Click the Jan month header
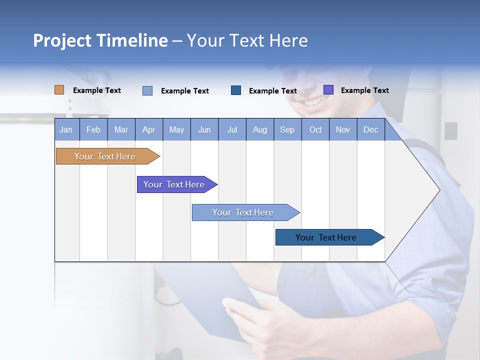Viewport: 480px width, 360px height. (66, 129)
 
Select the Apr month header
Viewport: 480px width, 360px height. (148, 129)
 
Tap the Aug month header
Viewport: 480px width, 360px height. (259, 129)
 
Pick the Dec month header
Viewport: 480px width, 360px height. (370, 129)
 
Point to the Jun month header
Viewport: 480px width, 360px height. (204, 129)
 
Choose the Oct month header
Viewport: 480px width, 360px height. (315, 129)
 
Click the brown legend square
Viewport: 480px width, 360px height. (59, 90)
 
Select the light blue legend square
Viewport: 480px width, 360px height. (147, 90)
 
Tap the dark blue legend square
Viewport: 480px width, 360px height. (236, 90)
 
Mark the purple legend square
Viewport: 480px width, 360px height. (328, 90)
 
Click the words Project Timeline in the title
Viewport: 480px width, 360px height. (100, 40)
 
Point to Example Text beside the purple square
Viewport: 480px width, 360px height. (364, 90)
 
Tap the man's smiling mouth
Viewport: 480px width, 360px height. (312, 101)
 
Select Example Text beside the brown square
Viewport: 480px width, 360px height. (96, 90)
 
